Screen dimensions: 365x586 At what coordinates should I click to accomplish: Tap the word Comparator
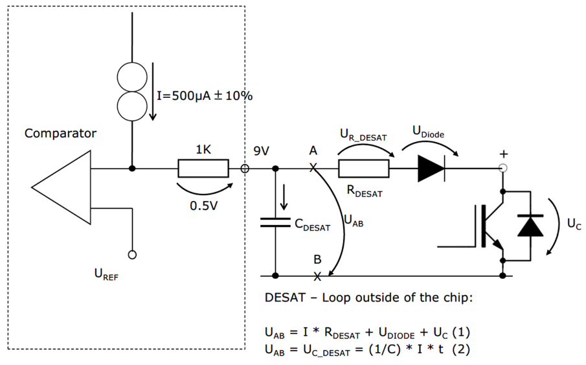pyautogui.click(x=60, y=134)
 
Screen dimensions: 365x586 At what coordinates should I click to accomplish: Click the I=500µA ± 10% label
pyautogui.click(x=205, y=96)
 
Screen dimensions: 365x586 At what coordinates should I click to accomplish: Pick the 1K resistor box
pyautogui.click(x=203, y=169)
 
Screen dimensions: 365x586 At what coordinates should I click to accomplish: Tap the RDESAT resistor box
pyautogui.click(x=363, y=169)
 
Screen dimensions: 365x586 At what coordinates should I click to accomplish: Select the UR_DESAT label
pyautogui.click(x=363, y=135)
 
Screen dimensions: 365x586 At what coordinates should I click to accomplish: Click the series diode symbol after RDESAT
pyautogui.click(x=431, y=169)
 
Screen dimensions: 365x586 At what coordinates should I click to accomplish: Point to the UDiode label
pyautogui.click(x=429, y=132)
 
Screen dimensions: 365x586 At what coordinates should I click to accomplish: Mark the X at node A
pyautogui.click(x=313, y=168)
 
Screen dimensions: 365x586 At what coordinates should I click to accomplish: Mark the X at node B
pyautogui.click(x=317, y=276)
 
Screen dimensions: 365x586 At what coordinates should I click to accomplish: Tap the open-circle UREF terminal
pyautogui.click(x=132, y=255)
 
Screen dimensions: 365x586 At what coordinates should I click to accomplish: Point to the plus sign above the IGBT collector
pyautogui.click(x=504, y=154)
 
